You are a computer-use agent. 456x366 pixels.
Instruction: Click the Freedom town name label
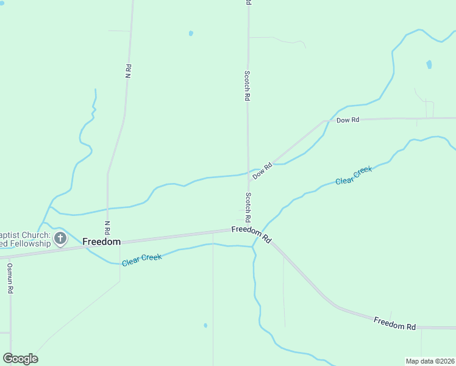tap(101, 242)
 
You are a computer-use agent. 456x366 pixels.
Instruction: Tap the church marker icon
tap(60, 238)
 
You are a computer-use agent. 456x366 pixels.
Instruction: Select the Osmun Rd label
tap(10, 279)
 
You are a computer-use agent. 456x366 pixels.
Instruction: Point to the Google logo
tap(20, 359)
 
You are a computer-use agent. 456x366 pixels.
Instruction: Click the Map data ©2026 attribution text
tap(430, 361)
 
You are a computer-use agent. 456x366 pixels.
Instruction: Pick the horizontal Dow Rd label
tap(347, 120)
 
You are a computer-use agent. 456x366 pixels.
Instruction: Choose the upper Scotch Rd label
tap(247, 85)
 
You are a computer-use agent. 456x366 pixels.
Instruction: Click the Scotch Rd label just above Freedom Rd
tap(248, 207)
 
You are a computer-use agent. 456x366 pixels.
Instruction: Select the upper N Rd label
tap(128, 71)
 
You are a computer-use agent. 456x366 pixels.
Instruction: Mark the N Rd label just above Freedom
tap(107, 228)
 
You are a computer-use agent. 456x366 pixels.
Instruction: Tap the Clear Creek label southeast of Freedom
tap(141, 260)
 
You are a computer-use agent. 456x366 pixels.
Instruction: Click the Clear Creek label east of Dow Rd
tap(354, 176)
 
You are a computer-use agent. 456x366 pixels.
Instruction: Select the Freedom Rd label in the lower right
tap(394, 323)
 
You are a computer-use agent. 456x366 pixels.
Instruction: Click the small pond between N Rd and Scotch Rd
tap(191, 33)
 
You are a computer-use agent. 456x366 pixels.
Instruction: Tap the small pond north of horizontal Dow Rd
tap(429, 64)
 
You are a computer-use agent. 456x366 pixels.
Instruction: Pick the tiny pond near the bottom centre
tap(205, 325)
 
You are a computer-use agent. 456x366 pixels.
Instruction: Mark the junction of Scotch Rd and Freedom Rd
tap(248, 229)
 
